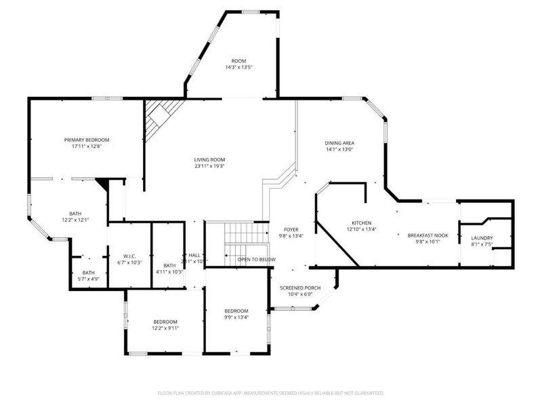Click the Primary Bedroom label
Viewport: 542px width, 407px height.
point(87,140)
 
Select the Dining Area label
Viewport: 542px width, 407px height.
point(339,143)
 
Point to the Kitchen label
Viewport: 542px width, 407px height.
point(362,222)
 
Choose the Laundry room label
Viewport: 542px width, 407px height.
point(482,238)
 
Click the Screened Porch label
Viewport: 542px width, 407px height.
point(297,288)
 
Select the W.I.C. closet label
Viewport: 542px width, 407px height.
point(129,256)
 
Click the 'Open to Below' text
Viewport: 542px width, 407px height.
point(256,259)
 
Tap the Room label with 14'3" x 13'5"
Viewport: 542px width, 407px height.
point(239,60)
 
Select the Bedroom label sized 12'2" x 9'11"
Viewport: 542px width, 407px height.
point(165,322)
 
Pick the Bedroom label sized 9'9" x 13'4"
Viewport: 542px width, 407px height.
point(236,311)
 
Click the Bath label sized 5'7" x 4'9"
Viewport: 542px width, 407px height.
point(89,273)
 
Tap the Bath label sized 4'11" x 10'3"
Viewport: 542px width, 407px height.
point(169,265)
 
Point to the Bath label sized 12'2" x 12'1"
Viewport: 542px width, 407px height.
point(75,213)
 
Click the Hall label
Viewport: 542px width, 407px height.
point(194,255)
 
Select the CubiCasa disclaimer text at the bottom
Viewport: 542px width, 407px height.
point(270,393)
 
